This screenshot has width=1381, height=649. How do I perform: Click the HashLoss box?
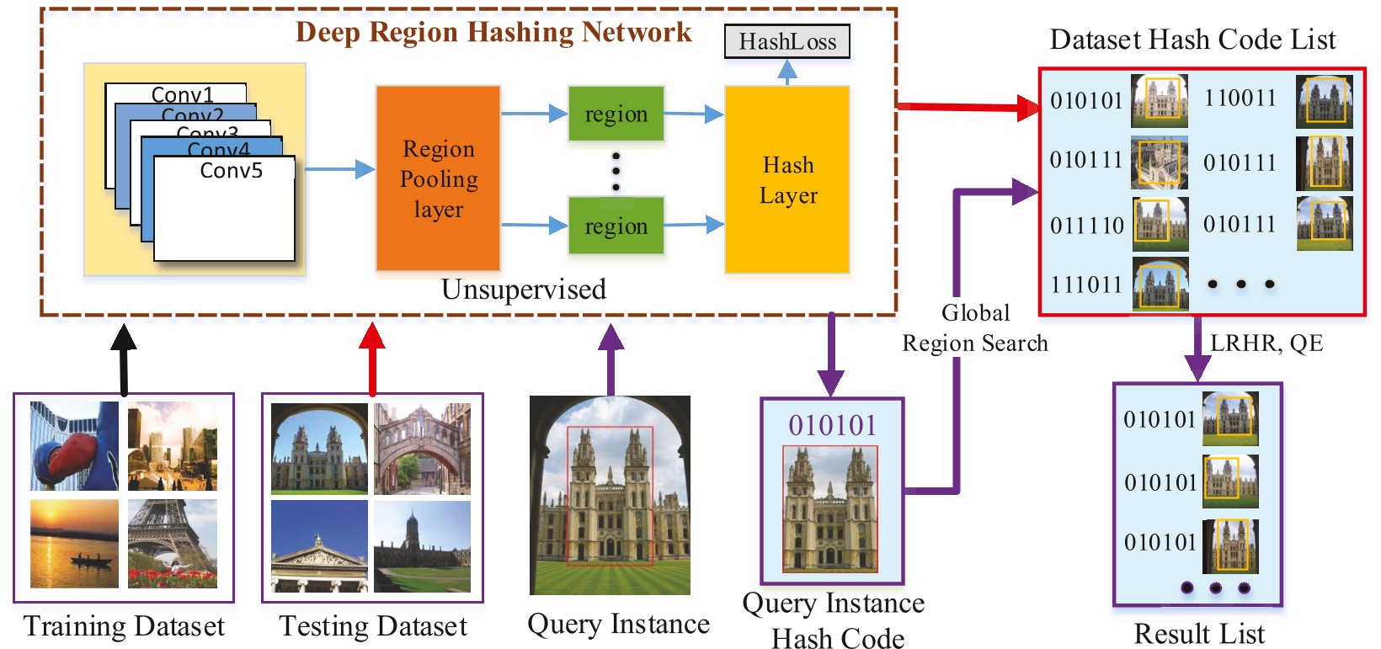(x=786, y=41)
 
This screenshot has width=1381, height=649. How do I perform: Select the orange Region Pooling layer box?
(x=438, y=178)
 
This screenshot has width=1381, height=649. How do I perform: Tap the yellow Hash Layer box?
(x=787, y=179)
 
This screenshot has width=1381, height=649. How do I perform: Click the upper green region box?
(x=616, y=114)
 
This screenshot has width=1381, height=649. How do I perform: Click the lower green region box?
(x=616, y=226)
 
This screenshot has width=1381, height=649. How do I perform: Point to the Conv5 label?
(x=231, y=171)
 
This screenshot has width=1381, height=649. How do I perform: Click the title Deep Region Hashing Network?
(x=493, y=32)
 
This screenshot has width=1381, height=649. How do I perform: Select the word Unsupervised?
(x=523, y=290)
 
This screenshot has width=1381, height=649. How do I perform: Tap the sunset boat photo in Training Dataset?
(x=74, y=544)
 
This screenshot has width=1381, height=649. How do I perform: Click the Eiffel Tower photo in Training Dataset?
(x=173, y=544)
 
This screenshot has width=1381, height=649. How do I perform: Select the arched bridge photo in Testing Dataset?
(x=422, y=449)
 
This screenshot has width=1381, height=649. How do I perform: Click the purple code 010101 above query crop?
(x=832, y=425)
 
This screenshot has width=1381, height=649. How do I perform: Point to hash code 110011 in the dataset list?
(x=1240, y=98)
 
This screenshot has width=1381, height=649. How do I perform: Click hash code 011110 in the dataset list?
(x=1086, y=226)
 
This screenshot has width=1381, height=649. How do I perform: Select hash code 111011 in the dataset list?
(x=1086, y=285)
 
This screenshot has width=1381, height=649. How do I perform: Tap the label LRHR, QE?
(x=1266, y=343)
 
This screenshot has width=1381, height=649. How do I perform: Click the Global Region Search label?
(x=975, y=328)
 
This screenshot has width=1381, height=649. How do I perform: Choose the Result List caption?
(x=1198, y=633)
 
